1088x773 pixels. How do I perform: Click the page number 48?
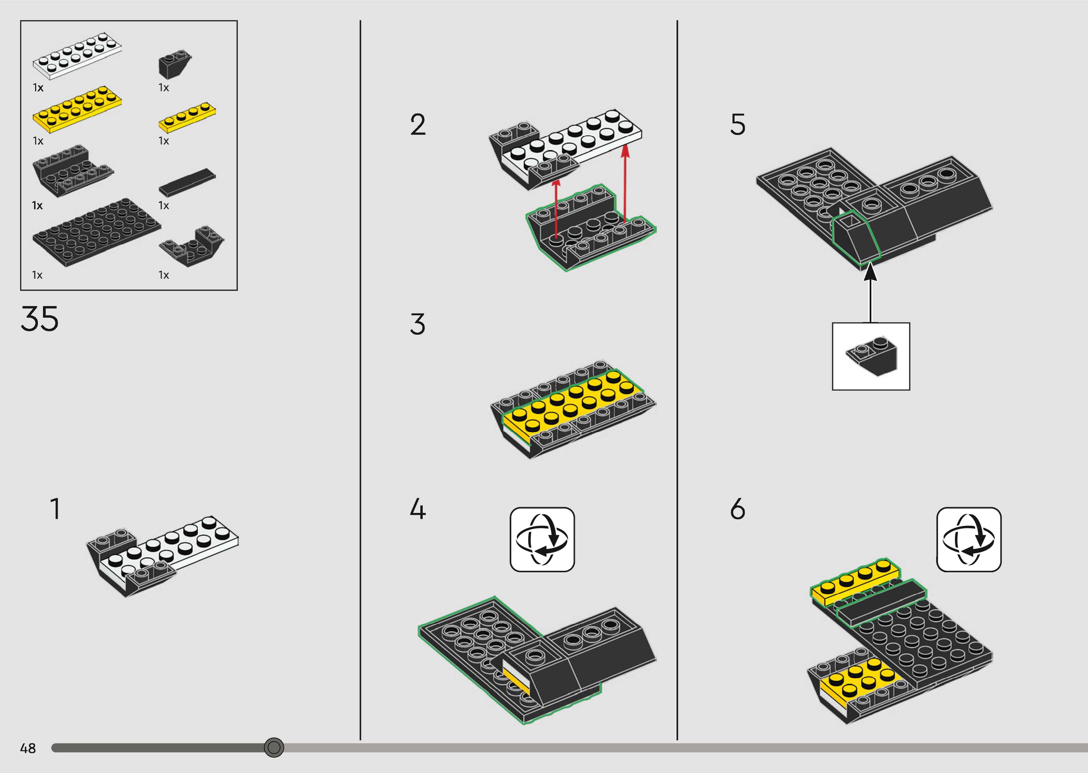[28, 748]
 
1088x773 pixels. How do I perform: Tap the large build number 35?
[40, 319]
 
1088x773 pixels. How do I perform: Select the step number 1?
[55, 509]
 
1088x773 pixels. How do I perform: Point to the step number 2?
[418, 125]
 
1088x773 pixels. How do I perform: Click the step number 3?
[417, 324]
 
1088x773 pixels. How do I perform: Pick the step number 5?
[737, 125]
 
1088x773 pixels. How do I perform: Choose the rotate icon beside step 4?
[542, 539]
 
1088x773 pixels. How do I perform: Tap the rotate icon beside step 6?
[969, 539]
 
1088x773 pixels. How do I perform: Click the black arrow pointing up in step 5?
[870, 295]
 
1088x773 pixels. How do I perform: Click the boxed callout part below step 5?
[871, 357]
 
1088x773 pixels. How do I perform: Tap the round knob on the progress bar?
[274, 747]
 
